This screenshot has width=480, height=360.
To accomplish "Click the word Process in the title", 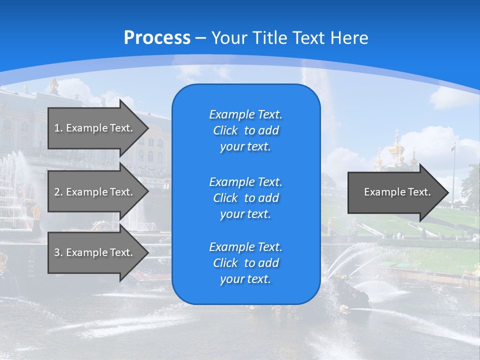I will [157, 38].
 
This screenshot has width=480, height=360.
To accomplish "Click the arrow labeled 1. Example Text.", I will [95, 128].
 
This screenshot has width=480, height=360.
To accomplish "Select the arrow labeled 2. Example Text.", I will [95, 192].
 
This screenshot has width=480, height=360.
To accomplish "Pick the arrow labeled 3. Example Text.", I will [95, 252].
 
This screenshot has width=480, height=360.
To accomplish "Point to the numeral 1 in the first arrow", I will [57, 128].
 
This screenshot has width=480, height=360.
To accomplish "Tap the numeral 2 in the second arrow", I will [57, 192].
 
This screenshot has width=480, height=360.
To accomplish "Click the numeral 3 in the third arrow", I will [57, 252].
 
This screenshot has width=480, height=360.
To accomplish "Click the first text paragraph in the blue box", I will [245, 130].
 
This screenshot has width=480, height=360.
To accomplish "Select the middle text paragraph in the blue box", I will [245, 198].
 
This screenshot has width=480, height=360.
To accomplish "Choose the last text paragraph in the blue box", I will [245, 263].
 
